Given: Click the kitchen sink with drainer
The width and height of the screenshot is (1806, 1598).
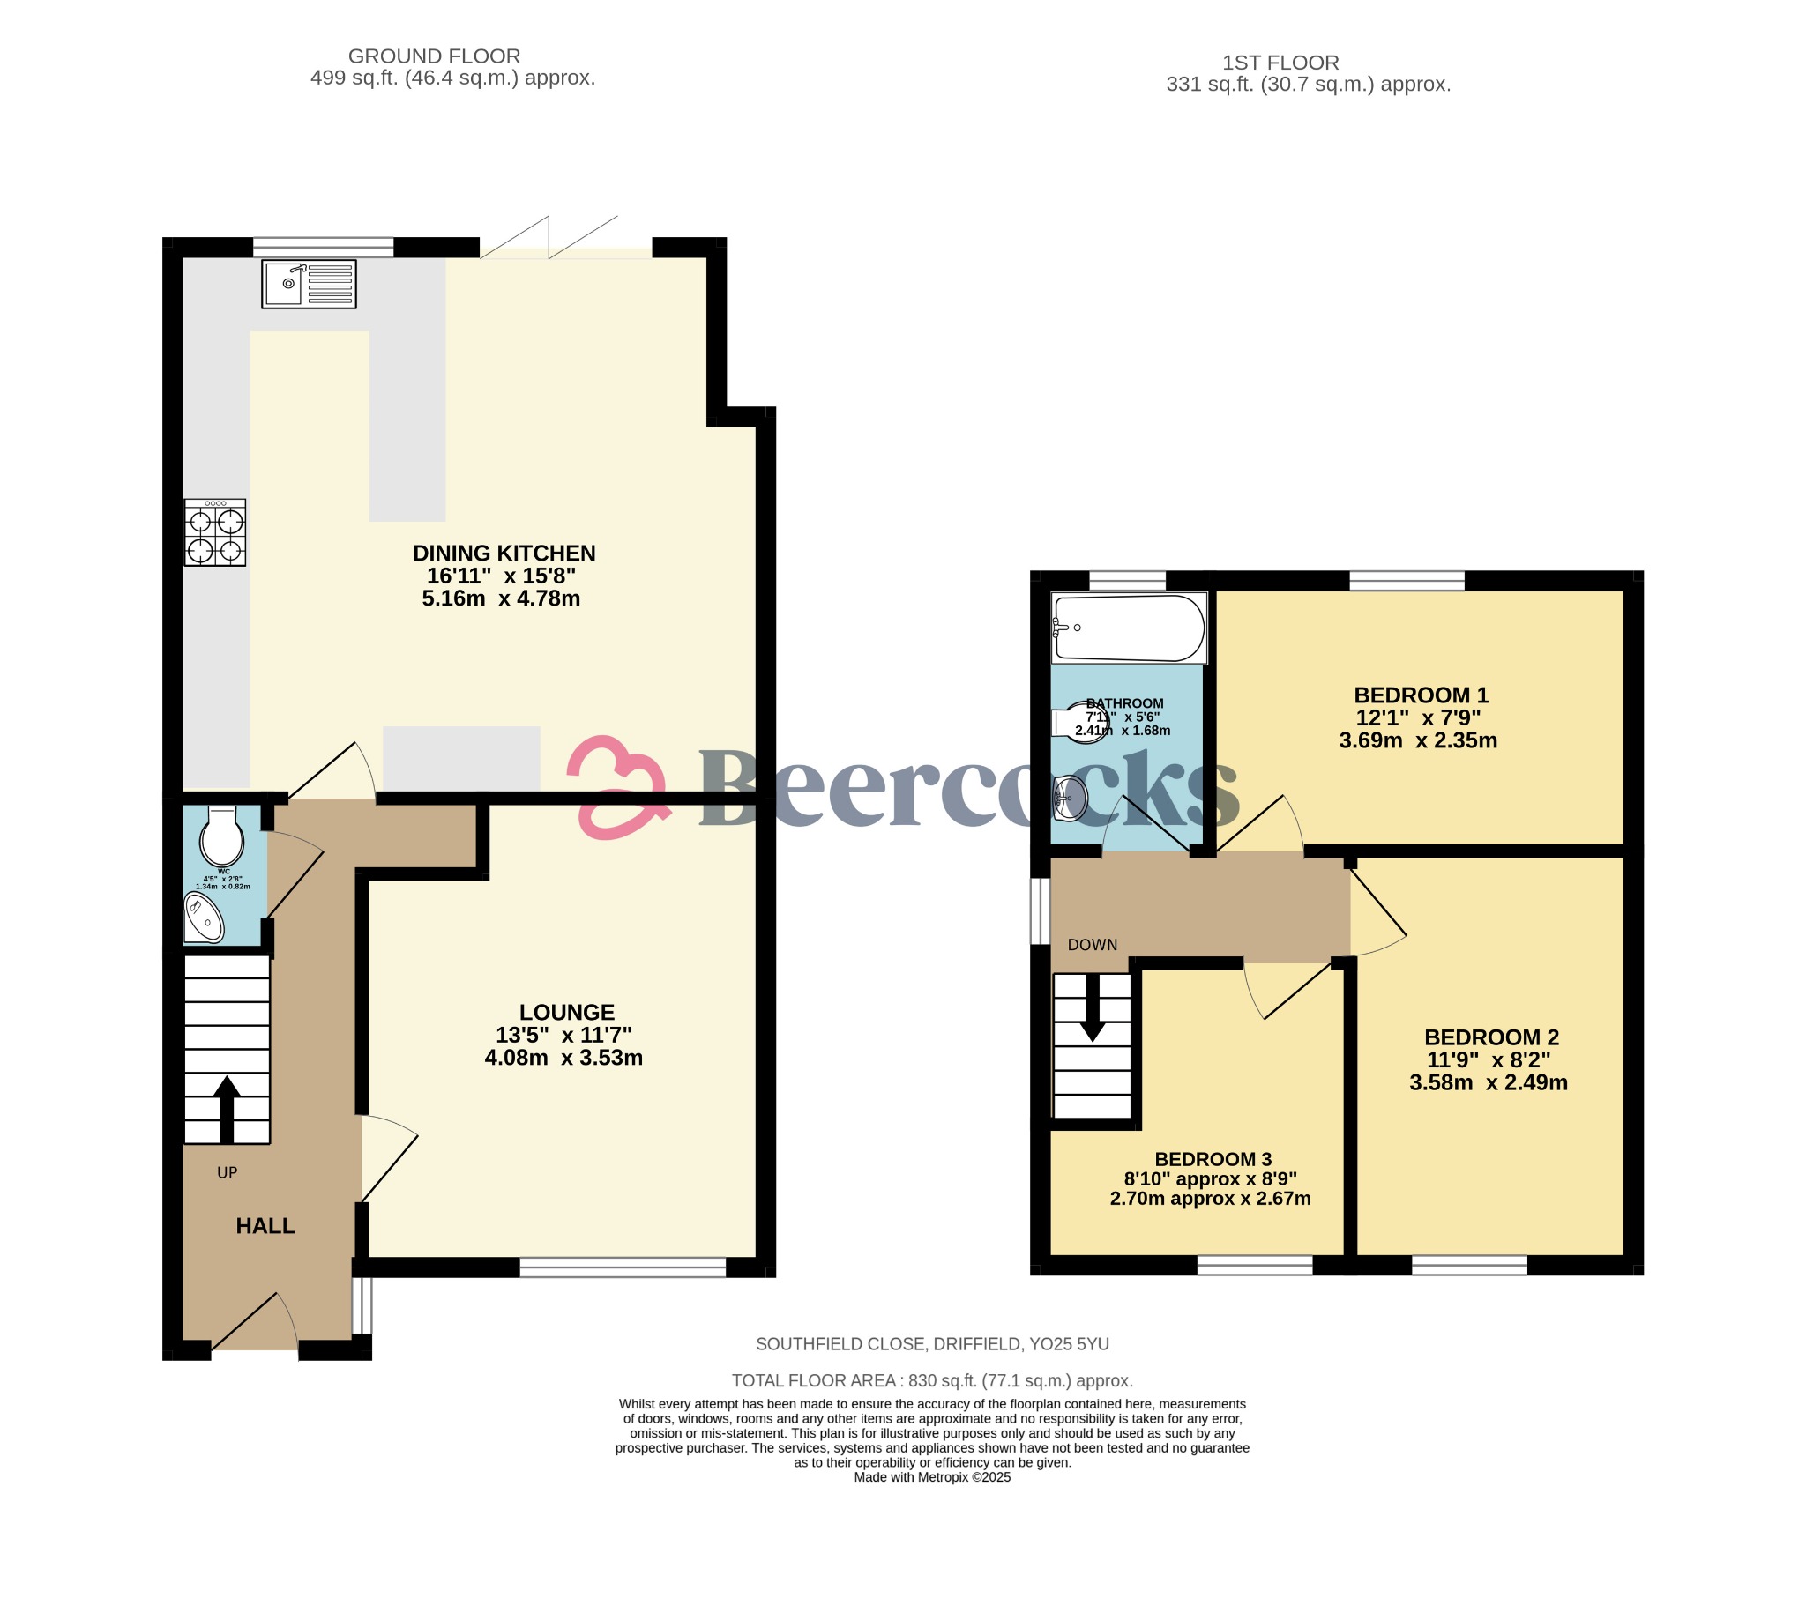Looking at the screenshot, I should (309, 284).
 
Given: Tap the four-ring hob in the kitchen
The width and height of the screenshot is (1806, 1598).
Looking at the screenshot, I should (214, 531).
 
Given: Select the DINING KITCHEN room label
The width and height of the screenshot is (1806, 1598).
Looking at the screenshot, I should (504, 553).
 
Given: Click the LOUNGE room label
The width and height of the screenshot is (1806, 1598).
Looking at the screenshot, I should (566, 1013).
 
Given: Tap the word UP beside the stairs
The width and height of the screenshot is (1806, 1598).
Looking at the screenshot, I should (228, 1172).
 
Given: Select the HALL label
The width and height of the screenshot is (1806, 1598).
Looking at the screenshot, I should (265, 1225).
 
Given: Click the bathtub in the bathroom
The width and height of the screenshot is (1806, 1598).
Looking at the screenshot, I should (1128, 628).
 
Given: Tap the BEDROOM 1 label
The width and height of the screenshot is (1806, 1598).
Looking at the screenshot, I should (1421, 695).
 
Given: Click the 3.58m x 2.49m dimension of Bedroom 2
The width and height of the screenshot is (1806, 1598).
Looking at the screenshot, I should (1488, 1083).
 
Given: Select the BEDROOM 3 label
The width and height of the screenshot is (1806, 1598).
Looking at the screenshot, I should (1213, 1159).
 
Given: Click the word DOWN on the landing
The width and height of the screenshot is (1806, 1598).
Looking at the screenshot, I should (1092, 944).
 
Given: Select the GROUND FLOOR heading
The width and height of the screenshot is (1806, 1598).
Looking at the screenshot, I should (434, 56).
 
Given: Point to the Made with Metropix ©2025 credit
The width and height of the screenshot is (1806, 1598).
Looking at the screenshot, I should (931, 1477).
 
